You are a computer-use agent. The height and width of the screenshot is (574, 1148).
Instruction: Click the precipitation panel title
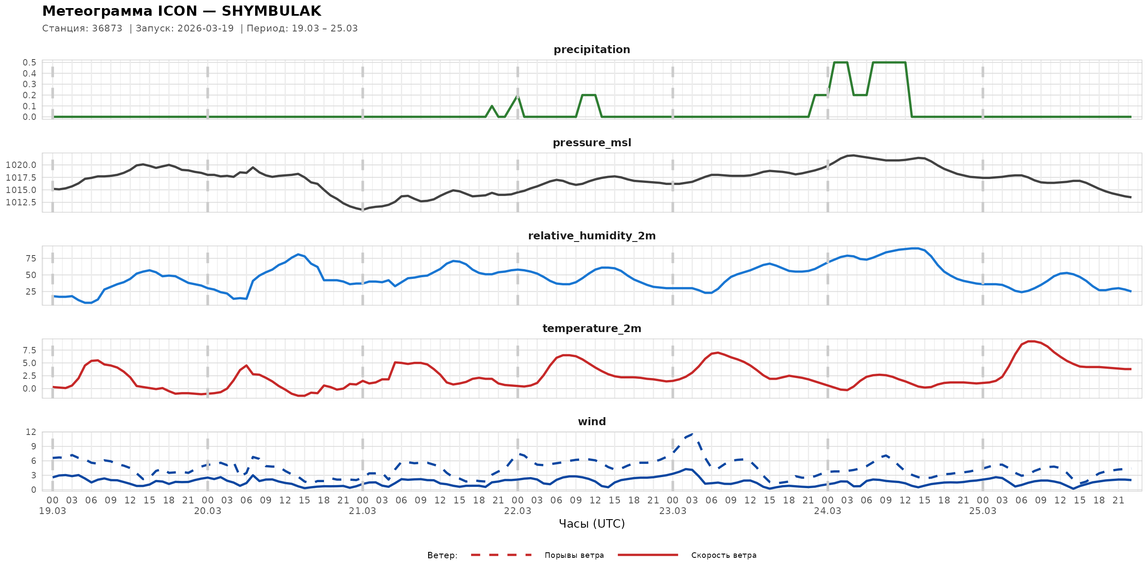pyautogui.click(x=591, y=49)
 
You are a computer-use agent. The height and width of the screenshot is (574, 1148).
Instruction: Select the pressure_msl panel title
pyautogui.click(x=591, y=142)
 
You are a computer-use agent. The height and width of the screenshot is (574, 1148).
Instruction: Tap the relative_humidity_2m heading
pyautogui.click(x=591, y=236)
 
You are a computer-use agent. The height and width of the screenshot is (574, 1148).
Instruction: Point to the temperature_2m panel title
pyautogui.click(x=591, y=328)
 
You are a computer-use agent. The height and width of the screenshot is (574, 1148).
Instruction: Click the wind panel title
pyautogui.click(x=591, y=422)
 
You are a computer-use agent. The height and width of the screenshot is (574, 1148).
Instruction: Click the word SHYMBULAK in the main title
pyautogui.click(x=271, y=11)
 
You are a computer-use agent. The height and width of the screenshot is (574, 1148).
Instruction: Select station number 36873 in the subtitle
pyautogui.click(x=107, y=28)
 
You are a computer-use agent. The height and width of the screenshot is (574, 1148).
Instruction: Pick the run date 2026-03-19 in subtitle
pyautogui.click(x=205, y=28)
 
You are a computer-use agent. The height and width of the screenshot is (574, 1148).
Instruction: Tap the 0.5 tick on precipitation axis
pyautogui.click(x=30, y=63)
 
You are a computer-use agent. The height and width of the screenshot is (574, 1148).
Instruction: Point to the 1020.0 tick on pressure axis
pyautogui.click(x=21, y=165)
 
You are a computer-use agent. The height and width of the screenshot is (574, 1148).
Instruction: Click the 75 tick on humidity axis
pyautogui.click(x=31, y=259)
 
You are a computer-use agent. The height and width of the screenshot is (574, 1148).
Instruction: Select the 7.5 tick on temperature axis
pyautogui.click(x=30, y=350)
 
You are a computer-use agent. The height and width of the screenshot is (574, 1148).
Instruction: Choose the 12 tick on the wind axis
pyautogui.click(x=31, y=432)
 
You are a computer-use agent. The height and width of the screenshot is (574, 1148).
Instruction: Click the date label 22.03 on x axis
pyautogui.click(x=517, y=511)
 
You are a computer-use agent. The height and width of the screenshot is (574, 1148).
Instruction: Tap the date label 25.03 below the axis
pyautogui.click(x=982, y=511)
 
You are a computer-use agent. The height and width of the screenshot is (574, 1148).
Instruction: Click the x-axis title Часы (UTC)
pyautogui.click(x=591, y=524)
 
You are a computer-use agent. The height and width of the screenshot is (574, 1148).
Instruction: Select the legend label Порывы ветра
pyautogui.click(x=574, y=555)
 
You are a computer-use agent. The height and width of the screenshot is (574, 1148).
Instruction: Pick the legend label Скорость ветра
pyautogui.click(x=723, y=555)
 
